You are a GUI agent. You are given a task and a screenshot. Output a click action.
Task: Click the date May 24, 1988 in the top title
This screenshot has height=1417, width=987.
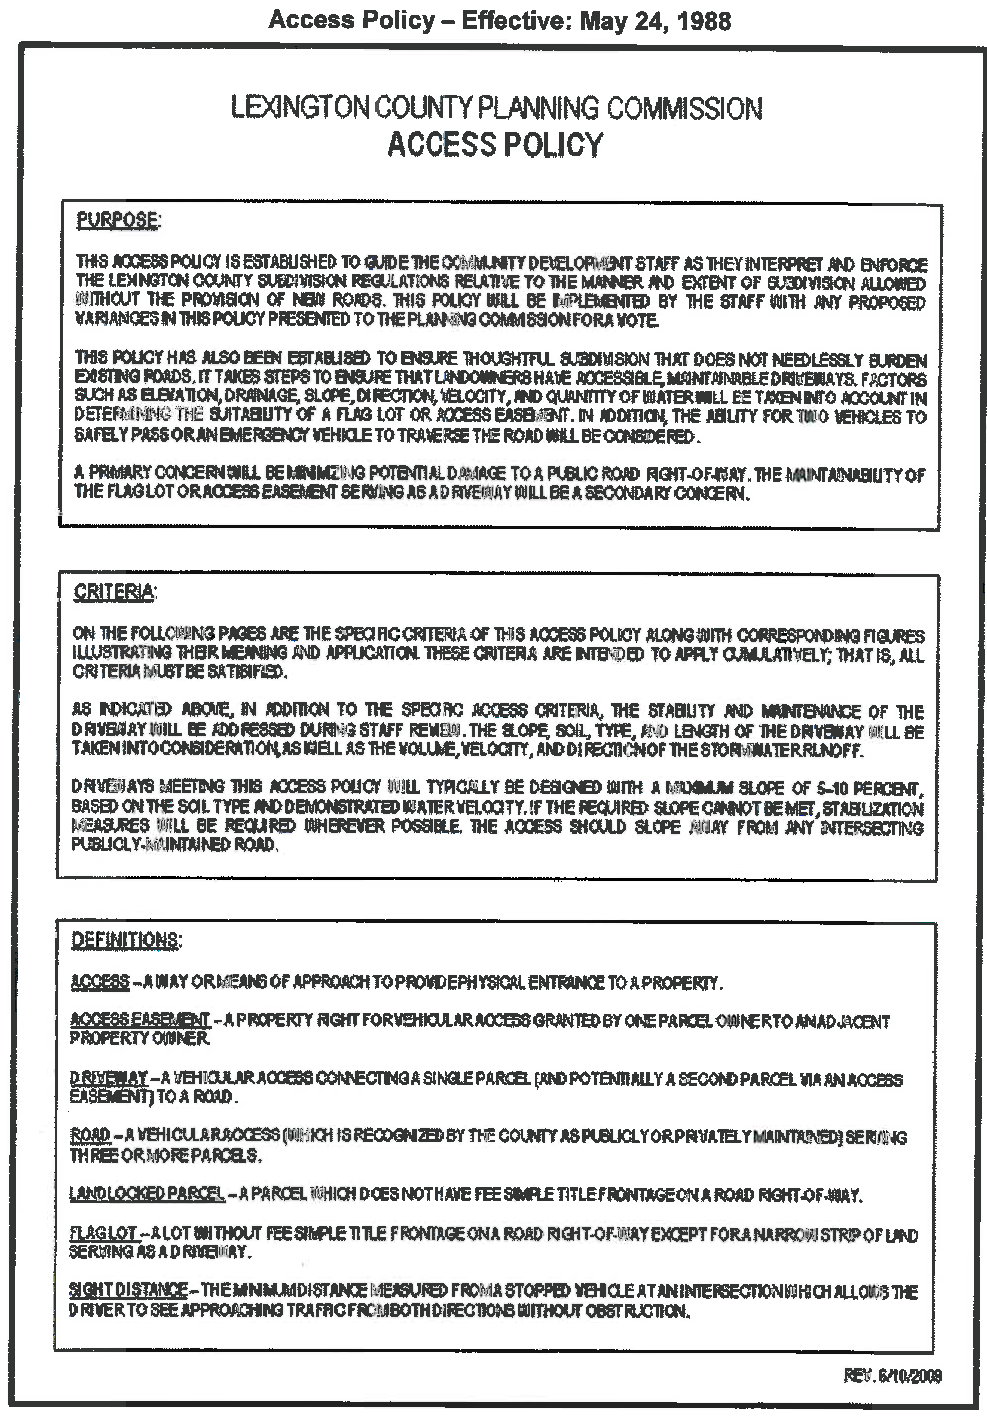655,20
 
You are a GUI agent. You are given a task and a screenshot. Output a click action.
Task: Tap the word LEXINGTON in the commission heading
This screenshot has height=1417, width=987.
300,108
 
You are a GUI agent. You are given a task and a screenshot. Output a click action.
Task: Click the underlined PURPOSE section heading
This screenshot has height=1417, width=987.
116,219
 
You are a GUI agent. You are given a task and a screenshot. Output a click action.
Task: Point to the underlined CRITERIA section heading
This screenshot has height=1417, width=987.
113,592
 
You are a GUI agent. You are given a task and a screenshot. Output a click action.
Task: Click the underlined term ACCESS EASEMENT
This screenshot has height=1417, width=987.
140,1019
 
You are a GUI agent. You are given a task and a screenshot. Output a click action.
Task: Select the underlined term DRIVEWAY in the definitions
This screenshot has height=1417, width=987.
109,1077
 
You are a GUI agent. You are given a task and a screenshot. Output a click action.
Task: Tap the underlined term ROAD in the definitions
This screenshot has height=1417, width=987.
90,1134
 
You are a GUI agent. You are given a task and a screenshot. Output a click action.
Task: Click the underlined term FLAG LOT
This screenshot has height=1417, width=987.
103,1233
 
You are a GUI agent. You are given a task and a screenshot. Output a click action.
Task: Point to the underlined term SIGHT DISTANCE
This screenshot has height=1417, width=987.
128,1290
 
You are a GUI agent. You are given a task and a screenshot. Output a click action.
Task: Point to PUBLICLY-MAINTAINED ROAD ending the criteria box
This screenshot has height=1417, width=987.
174,844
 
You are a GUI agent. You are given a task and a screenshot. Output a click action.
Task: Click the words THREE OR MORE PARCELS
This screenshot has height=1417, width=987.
165,1155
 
